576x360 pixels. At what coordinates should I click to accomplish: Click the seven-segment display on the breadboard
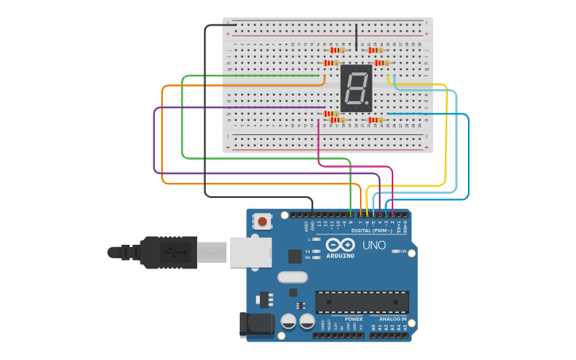[356, 87]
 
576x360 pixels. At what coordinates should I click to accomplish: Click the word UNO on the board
[374, 245]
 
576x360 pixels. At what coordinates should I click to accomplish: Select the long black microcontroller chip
[361, 301]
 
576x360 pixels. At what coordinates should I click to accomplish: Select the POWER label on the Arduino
[354, 319]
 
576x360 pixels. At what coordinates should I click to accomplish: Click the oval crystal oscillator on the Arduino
[292, 277]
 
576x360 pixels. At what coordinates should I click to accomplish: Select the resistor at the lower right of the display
[376, 120]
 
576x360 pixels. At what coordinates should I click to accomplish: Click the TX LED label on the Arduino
[308, 251]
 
